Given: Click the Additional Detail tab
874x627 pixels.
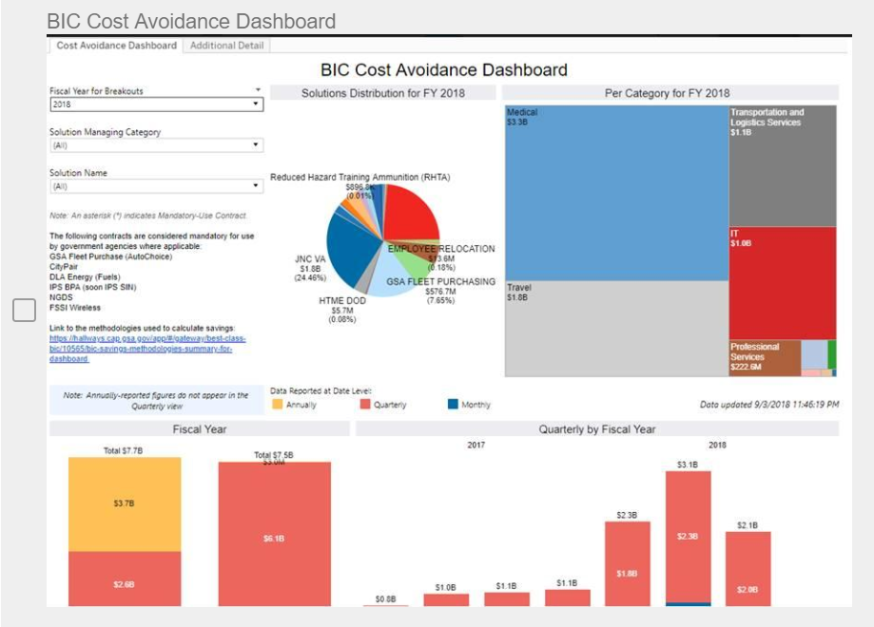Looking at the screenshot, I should (x=227, y=46).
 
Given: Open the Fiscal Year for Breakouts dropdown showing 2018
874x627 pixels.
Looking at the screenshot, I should (x=156, y=104).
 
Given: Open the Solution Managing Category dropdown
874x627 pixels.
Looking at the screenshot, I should (x=156, y=145).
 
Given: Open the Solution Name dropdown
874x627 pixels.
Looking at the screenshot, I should (x=156, y=186).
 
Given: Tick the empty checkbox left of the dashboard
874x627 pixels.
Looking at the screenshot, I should (x=24, y=310).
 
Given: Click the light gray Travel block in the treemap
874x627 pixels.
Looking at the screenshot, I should (x=615, y=328).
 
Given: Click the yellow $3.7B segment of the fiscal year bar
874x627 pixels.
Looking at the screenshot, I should (x=124, y=503).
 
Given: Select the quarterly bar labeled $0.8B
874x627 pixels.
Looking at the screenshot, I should (x=385, y=604).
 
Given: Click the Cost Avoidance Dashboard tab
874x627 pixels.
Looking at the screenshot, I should (x=116, y=46).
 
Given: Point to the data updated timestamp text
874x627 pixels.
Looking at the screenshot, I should (x=768, y=405).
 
